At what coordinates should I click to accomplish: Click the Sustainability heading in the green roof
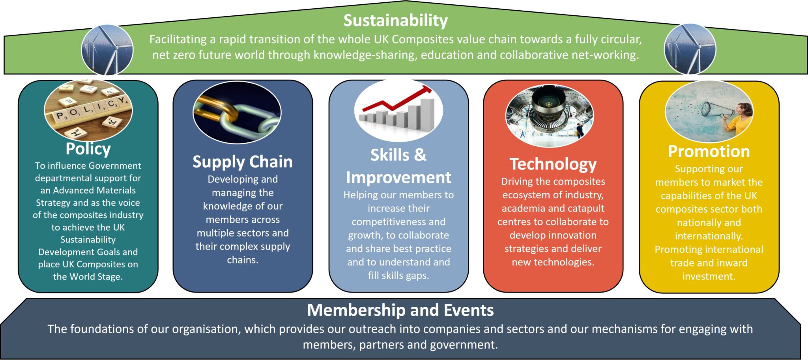(x=395, y=21)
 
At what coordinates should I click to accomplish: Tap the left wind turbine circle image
(x=107, y=50)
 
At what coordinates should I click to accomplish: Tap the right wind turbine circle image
(x=690, y=49)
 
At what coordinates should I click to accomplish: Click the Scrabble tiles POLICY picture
(x=88, y=110)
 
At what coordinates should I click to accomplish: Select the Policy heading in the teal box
(x=88, y=149)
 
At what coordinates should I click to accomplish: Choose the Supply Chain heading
(x=242, y=162)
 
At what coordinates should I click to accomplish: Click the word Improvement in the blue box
(x=398, y=178)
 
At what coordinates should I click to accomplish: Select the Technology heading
(x=553, y=164)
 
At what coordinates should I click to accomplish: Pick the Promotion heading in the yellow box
(x=709, y=151)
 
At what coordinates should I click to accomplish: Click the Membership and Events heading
(x=400, y=310)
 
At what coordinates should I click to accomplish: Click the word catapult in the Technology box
(x=585, y=209)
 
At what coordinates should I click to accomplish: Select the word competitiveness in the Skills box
(x=398, y=222)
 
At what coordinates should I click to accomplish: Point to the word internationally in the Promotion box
(x=709, y=236)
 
